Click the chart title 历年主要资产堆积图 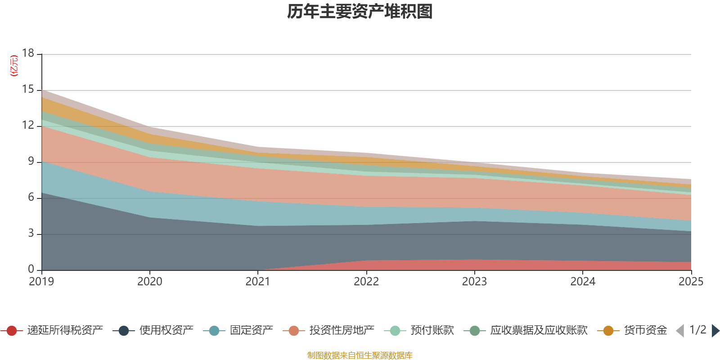click(360, 12)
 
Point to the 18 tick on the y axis click(28, 53)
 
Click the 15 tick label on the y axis click(28, 90)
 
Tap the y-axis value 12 click(28, 125)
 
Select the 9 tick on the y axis click(31, 161)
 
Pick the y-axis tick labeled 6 click(31, 197)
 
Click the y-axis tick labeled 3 click(31, 233)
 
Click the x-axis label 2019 click(41, 282)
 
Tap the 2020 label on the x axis click(149, 282)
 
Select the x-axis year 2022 click(366, 282)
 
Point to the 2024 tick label click(583, 282)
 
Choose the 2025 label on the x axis click(691, 282)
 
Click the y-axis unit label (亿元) click(14, 66)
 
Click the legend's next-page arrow click(715, 331)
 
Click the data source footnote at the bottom click(360, 355)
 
